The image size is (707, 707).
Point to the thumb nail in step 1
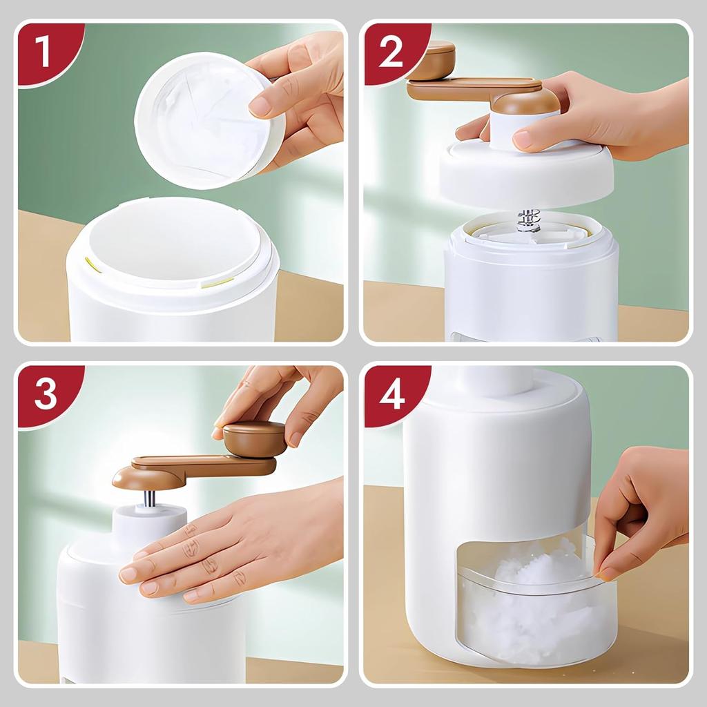point(260,105)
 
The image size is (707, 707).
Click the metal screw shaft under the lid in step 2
point(527,220)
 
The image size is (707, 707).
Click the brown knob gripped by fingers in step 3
point(254,438)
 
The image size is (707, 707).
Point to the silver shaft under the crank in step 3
point(149,498)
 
